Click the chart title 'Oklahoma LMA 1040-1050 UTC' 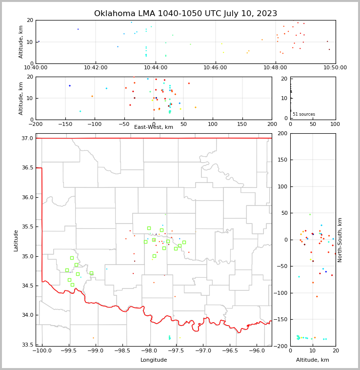[185, 14]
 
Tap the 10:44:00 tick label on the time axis [156, 68]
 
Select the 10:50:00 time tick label [335, 68]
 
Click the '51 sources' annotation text [304, 115]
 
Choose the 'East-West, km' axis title [154, 127]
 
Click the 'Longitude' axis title [154, 360]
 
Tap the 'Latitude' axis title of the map [16, 240]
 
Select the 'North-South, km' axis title [340, 240]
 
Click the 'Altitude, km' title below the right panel [313, 360]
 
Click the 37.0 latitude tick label [27, 139]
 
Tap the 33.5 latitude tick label [27, 345]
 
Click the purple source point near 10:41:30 [78, 29]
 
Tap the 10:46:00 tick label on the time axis [215, 68]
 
